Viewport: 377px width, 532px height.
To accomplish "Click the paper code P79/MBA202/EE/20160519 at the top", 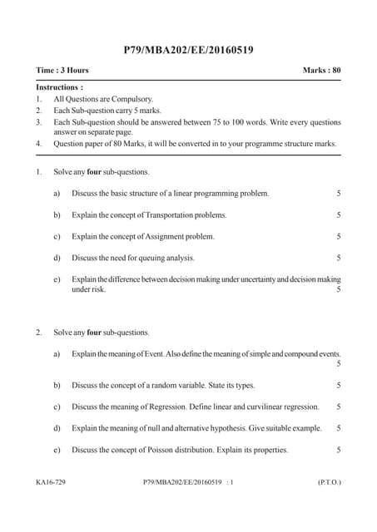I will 188,51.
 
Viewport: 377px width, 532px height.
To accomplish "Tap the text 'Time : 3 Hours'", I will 62,71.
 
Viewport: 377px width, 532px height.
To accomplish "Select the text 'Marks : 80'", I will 322,71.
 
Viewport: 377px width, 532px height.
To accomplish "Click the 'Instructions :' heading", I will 60,86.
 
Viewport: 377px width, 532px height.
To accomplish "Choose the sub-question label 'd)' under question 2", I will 57,428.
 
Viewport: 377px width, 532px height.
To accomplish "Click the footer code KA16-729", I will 52,481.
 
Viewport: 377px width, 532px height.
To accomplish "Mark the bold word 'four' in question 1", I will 94,172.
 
